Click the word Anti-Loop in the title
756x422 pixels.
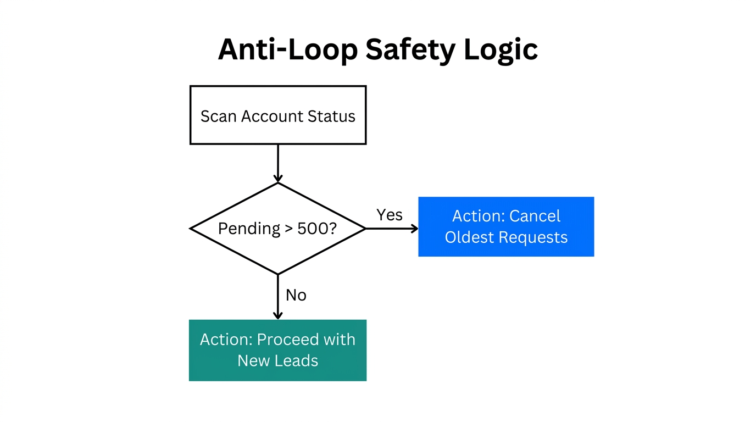pyautogui.click(x=287, y=49)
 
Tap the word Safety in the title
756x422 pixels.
pyautogui.click(x=410, y=49)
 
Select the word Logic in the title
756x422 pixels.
pyautogui.click(x=501, y=49)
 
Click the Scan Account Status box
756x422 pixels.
pyautogui.click(x=278, y=115)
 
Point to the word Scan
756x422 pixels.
pyautogui.click(x=218, y=116)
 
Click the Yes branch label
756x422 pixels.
pyautogui.click(x=389, y=215)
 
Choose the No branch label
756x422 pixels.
pyautogui.click(x=296, y=295)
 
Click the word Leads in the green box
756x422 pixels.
pyautogui.click(x=297, y=360)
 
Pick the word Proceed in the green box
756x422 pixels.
pyautogui.click(x=288, y=340)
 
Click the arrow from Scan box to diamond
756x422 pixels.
pyautogui.click(x=278, y=163)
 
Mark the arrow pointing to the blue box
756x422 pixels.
pyautogui.click(x=391, y=229)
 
